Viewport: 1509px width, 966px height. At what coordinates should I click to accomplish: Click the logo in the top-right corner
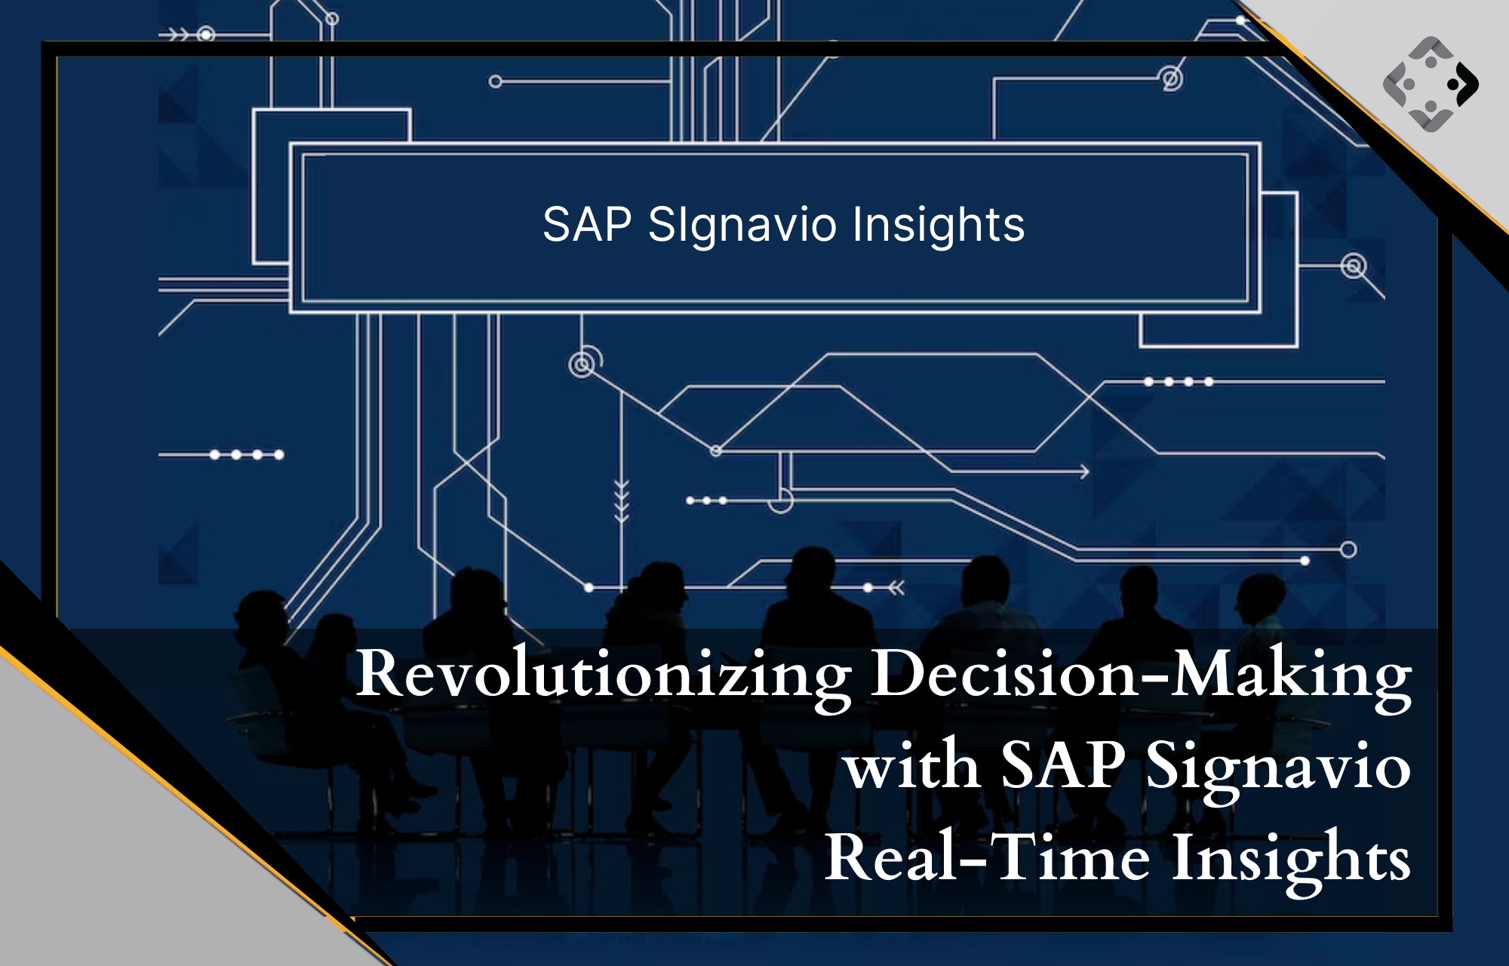[1431, 83]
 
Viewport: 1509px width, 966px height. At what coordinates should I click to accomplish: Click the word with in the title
[912, 766]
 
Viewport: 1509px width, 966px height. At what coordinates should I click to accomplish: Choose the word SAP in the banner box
[587, 224]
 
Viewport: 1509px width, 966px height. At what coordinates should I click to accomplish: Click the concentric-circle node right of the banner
[1354, 266]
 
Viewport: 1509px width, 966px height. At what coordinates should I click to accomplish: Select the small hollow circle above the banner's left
[495, 82]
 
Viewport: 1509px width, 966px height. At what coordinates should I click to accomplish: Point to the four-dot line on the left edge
[221, 455]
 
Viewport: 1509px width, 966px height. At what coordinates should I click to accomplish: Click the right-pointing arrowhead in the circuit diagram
[1084, 472]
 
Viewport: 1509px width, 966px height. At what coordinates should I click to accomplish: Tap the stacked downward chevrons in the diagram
[621, 500]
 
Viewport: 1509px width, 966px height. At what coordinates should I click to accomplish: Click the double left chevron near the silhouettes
[896, 587]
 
